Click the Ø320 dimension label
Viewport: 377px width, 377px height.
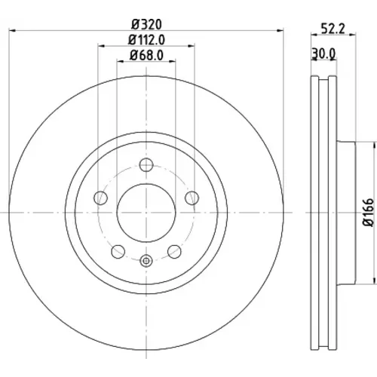146,24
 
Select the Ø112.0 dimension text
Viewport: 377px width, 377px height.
146,40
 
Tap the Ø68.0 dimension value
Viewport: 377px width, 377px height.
146,55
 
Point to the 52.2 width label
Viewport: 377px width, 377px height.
333,29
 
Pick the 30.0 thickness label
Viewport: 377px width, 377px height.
323,54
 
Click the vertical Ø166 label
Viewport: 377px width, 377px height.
369,213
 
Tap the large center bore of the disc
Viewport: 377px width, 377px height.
146,213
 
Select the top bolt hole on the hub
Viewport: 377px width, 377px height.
146,165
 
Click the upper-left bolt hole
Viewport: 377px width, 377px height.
100,198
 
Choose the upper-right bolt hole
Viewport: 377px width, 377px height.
192,198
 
